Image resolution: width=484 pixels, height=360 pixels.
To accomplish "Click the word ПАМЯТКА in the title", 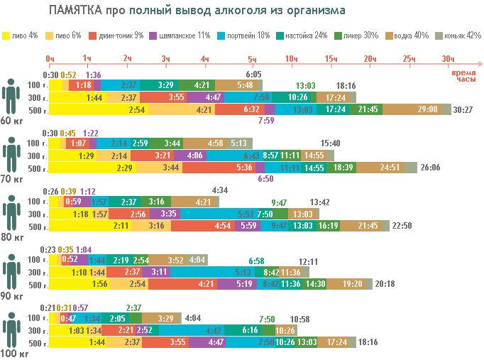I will tap(76, 11).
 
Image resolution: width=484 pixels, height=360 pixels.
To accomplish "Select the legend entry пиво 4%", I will tap(23, 36).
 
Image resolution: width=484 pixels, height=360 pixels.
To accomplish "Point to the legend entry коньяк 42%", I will tap(461, 36).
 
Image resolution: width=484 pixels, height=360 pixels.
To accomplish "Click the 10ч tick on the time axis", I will tap(291, 58).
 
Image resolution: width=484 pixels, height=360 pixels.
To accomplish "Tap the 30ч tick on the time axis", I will tap(448, 58).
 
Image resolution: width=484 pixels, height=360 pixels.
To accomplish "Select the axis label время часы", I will tap(464, 77).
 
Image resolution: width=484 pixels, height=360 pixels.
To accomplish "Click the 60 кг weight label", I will tap(11, 121).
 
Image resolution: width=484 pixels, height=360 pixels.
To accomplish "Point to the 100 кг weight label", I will tap(12, 352).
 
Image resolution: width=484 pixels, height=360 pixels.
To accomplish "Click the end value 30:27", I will tap(463, 109).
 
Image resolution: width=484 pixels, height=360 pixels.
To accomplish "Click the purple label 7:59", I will tap(266, 121).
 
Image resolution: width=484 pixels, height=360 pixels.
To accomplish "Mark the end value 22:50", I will tap(402, 226).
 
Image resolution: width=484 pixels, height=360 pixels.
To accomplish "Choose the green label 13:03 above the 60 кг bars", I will tap(306, 85).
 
